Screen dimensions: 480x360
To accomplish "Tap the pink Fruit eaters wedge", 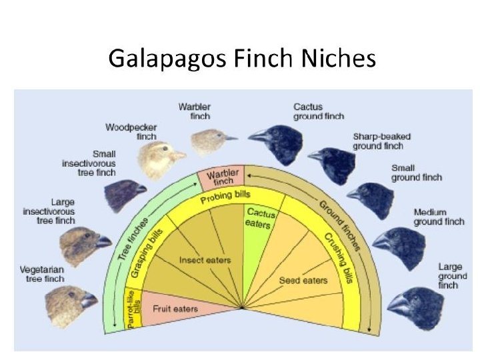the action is (175, 309).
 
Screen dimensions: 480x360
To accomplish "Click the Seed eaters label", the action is (303, 280).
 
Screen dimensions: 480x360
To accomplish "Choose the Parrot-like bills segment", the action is (133, 309).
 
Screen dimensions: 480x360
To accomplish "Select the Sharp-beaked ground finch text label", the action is (381, 141).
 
